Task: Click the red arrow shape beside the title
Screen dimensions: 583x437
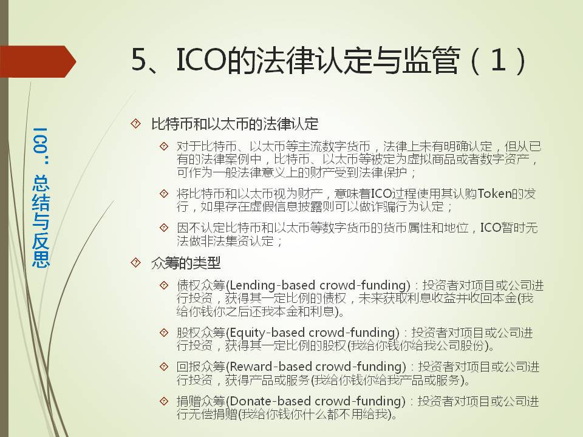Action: [x=37, y=61]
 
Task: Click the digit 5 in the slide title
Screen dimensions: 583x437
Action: [x=140, y=59]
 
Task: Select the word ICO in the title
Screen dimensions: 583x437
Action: [x=201, y=59]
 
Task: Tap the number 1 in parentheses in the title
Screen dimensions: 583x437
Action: [x=498, y=59]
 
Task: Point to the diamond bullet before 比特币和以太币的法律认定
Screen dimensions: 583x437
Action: [x=136, y=123]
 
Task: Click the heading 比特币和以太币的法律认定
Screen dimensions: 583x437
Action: [x=234, y=124]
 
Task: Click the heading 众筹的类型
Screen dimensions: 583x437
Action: [x=186, y=263]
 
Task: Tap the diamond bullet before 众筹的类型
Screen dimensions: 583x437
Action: [x=136, y=263]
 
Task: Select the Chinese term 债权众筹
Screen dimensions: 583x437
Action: [x=201, y=286]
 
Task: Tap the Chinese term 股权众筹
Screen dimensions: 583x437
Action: [x=201, y=333]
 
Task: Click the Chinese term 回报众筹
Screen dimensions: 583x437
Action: [x=201, y=367]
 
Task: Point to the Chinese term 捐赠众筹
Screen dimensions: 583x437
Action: [x=201, y=401]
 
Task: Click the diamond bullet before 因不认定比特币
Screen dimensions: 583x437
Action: [x=163, y=228]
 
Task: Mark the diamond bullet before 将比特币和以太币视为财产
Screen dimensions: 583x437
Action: [x=163, y=193]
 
